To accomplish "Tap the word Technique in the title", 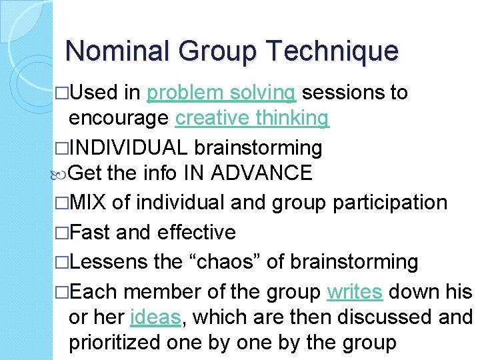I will click(332, 51).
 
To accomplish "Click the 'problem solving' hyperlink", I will click(221, 93).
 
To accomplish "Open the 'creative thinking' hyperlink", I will click(252, 118).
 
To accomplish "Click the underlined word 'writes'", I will click(355, 292).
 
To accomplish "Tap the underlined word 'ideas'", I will click(157, 317).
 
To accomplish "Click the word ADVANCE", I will click(261, 173).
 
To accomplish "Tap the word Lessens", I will click(109, 261).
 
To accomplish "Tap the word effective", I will click(197, 232).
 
